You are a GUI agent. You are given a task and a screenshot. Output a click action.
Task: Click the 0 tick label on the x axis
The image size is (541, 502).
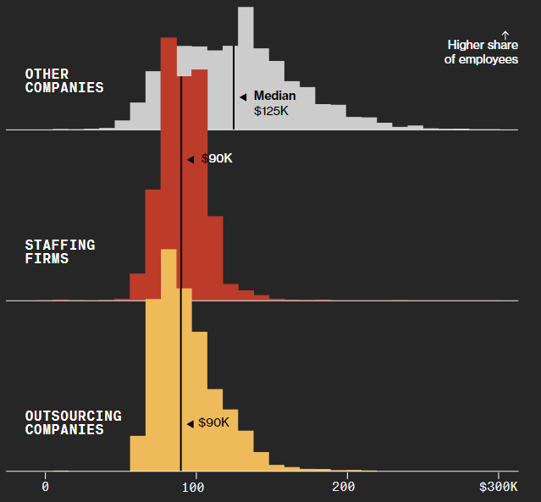(x=45, y=487)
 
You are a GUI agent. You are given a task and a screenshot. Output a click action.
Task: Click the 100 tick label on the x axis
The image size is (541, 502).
(x=196, y=487)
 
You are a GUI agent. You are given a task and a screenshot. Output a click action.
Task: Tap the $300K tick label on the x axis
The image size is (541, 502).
(x=497, y=487)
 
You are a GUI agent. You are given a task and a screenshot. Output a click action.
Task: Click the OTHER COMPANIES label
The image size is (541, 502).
(x=64, y=81)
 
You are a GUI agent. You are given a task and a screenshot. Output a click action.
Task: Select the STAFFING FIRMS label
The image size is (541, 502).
(x=60, y=251)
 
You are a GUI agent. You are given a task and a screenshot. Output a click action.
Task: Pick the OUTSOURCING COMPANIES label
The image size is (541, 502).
(x=73, y=422)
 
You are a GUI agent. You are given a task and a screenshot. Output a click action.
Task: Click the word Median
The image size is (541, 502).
(x=274, y=96)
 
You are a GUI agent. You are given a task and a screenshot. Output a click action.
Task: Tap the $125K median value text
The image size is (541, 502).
(x=271, y=110)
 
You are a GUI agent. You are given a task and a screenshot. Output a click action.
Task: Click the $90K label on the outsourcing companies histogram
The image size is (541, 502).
(x=213, y=422)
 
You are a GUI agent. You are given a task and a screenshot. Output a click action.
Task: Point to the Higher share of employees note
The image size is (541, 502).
(x=481, y=52)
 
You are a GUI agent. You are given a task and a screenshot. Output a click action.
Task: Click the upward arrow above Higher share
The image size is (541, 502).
(x=505, y=33)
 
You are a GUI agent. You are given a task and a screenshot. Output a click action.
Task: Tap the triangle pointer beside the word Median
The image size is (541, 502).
(x=243, y=97)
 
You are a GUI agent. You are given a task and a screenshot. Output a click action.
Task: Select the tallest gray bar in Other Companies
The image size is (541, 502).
(x=246, y=68)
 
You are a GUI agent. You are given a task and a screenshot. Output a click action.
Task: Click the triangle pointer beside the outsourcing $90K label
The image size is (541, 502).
(x=190, y=423)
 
